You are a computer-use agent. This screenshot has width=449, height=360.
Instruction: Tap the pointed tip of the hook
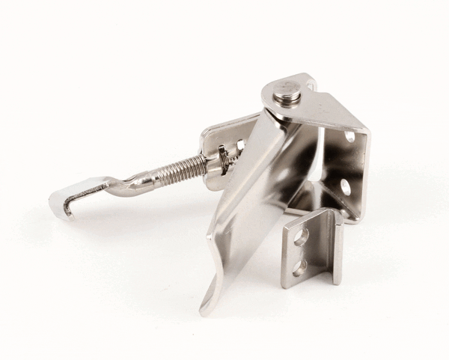pos(67,213)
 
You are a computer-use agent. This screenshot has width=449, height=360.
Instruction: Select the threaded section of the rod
pos(186,169)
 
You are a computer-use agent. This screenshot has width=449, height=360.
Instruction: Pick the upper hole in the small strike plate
pos(302,237)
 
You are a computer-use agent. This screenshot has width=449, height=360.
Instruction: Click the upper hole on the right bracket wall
pos(350,137)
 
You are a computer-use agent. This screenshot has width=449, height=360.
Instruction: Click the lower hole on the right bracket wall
pos(346,186)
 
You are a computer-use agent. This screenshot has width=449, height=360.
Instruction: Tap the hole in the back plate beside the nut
pos(240,144)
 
